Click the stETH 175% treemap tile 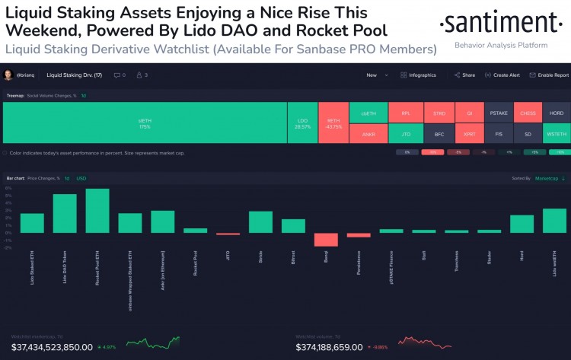click(145, 123)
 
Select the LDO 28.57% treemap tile click(302, 123)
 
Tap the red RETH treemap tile click(333, 123)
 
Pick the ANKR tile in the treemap click(368, 134)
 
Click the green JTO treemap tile click(405, 134)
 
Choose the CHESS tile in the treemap click(528, 113)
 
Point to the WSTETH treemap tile click(556, 134)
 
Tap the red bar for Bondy click(326, 239)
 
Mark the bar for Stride click(260, 221)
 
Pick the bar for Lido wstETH click(554, 220)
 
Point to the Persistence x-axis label click(359, 262)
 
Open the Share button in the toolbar click(464, 75)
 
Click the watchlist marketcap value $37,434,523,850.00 click(52, 347)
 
